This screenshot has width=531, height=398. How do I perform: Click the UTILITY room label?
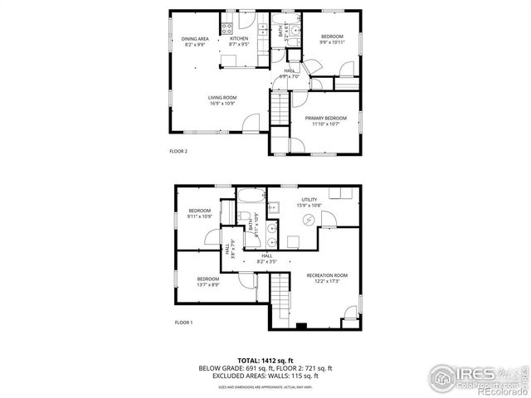(309, 200)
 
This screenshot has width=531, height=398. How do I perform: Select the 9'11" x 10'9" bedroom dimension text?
(199, 216)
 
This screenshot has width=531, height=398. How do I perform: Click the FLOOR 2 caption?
(178, 151)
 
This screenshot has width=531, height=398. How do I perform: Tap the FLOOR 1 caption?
(183, 322)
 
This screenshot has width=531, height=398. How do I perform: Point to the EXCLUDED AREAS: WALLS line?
(265, 376)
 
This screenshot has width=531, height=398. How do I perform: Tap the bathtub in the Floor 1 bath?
(250, 197)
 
